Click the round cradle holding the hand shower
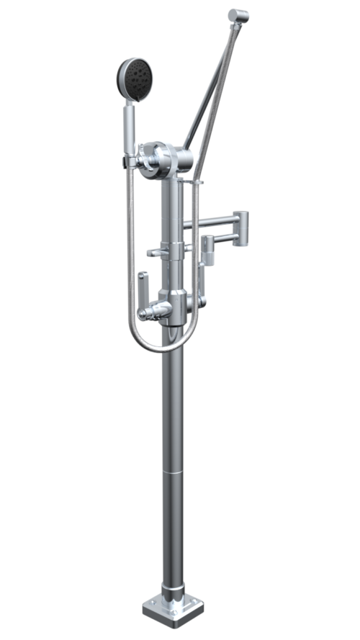[x=156, y=160]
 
